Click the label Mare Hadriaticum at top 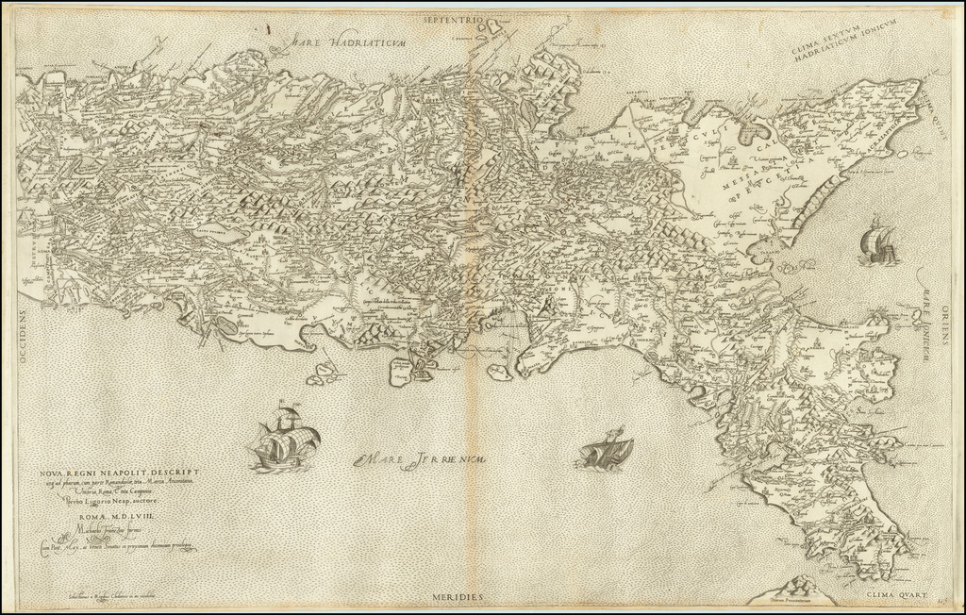click(x=348, y=41)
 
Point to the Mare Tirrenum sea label click(x=421, y=460)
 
